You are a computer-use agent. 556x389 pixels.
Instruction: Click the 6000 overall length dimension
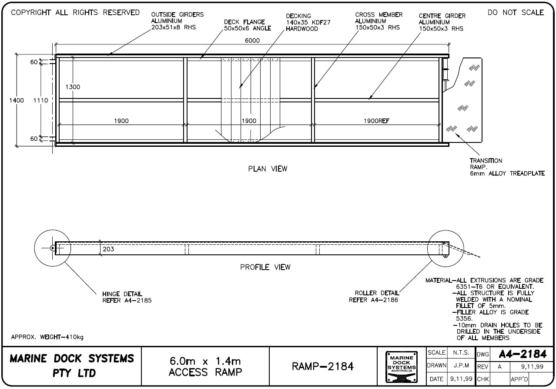click(x=252, y=41)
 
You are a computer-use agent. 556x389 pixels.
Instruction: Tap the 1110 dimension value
click(x=40, y=100)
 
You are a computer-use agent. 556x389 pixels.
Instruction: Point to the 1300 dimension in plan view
click(x=73, y=87)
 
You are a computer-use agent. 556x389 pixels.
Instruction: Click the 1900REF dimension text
click(x=376, y=121)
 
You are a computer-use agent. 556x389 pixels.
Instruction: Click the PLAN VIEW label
click(x=268, y=169)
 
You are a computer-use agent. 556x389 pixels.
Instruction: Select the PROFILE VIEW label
click(x=265, y=267)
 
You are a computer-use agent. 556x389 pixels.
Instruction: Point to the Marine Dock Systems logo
click(x=401, y=367)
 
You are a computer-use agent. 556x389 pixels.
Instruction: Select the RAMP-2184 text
click(x=322, y=367)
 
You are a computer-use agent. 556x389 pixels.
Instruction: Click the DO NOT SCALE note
click(x=516, y=13)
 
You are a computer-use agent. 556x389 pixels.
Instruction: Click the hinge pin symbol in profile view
click(x=52, y=248)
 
